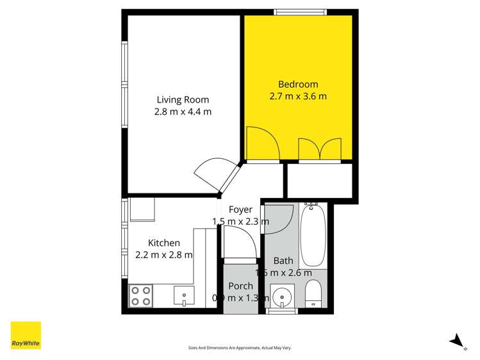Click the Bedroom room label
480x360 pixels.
pos(297,85)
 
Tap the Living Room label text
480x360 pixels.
pos(183,99)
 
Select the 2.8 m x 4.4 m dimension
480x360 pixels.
pos(183,111)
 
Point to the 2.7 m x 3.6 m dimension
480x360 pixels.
pos(297,97)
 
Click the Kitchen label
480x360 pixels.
pos(164,243)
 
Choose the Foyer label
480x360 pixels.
pos(240,209)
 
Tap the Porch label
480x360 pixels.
pos(240,286)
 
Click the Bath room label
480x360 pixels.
pos(283,261)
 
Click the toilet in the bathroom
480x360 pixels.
pos(313,295)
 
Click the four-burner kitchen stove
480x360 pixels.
pos(141,296)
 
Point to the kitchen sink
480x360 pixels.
pos(185,296)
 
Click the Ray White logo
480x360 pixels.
pos(26,335)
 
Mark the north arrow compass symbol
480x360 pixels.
pos(456,340)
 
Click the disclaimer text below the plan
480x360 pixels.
pos(240,347)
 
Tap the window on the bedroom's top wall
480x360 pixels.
pos(300,12)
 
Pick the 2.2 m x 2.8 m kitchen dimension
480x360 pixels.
pos(164,254)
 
